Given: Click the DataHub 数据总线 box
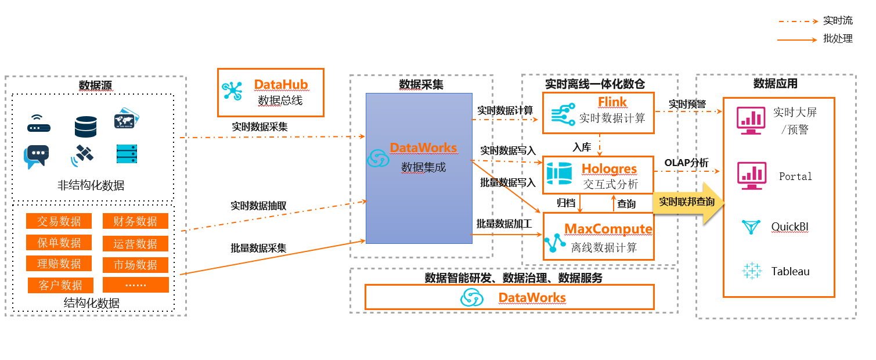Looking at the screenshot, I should click(271, 92).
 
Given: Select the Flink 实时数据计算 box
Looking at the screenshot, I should click(599, 113).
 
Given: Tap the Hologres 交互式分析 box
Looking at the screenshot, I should click(599, 175).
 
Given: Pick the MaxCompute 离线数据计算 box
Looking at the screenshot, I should click(599, 236).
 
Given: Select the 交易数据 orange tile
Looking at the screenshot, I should click(59, 221).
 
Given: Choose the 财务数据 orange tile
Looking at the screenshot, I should click(135, 221).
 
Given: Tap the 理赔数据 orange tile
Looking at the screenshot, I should click(59, 264).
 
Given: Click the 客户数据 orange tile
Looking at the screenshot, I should click(60, 285).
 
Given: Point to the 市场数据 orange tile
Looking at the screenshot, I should click(135, 265).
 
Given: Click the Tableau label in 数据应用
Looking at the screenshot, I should click(790, 271).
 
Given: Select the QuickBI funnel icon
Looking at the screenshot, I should click(751, 227).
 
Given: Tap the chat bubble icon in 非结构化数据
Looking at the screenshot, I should click(37, 156).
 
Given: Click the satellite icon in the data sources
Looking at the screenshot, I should click(82, 154).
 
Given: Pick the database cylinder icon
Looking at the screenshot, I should click(85, 126).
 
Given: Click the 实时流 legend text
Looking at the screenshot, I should click(838, 21).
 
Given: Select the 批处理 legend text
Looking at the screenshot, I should click(838, 39).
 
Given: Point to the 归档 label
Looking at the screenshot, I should click(566, 203).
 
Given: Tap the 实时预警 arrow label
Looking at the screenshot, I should click(687, 104).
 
